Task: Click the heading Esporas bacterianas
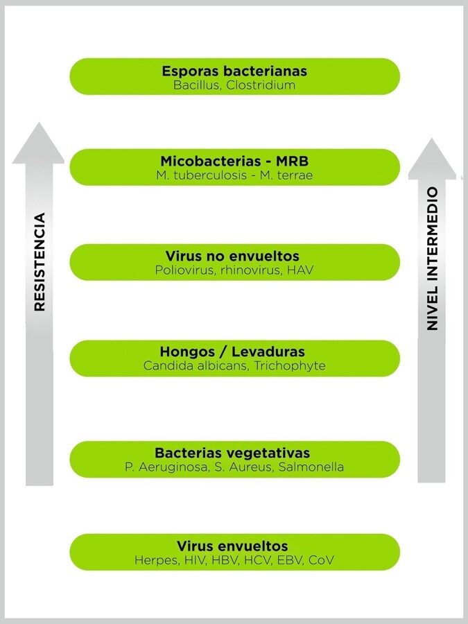click(x=234, y=71)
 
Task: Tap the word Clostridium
click(x=261, y=85)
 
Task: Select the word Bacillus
click(x=196, y=85)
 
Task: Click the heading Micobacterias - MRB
click(x=234, y=162)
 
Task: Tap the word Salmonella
click(x=311, y=467)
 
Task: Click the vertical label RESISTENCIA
click(x=40, y=261)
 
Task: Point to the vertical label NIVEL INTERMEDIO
click(x=432, y=258)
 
